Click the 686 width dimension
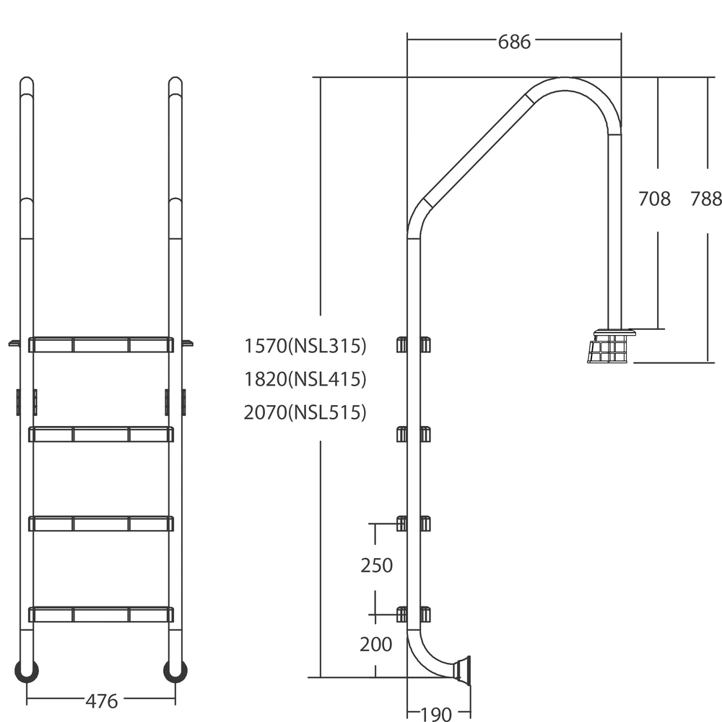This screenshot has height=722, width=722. tap(514, 42)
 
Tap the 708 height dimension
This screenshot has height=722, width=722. tap(654, 199)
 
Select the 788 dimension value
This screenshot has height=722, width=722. tap(706, 199)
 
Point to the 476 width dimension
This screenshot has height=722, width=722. tap(102, 701)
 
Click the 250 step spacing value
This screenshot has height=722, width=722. tap(377, 565)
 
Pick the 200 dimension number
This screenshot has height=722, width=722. tap(375, 645)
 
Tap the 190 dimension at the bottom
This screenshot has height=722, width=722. tap(437, 714)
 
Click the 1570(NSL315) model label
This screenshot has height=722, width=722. tap(305, 346)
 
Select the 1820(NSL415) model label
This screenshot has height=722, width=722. tap(305, 379)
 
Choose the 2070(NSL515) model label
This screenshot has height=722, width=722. tap(305, 412)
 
